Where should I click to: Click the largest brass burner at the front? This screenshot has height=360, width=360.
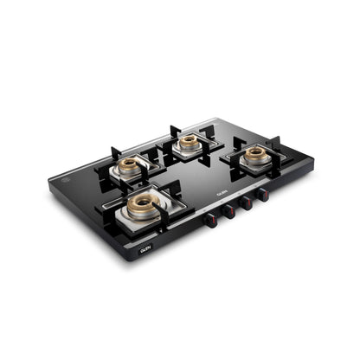142,203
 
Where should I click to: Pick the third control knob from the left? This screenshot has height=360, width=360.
247,204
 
